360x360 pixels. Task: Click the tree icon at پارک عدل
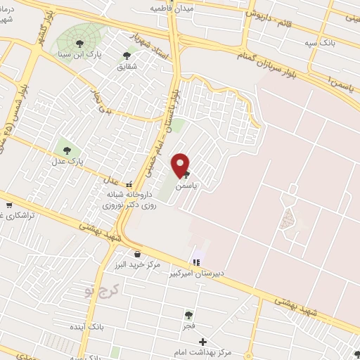[67, 149]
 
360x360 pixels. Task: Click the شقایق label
[127, 67]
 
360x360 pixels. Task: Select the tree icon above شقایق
[127, 56]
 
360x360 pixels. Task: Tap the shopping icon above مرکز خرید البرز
[136, 254]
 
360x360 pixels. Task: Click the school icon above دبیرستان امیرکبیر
[196, 262]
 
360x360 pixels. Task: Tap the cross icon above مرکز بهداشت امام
[204, 341]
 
